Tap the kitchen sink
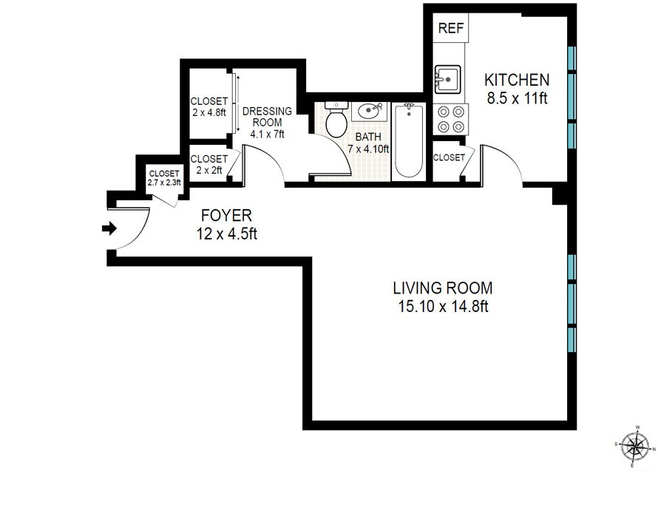pos(447,78)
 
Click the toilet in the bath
pos(336,120)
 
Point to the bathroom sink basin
pos(370,112)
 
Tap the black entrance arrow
pos(109,228)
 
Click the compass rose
pos(634,446)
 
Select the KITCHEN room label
pos(517,79)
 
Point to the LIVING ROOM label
pos(442,288)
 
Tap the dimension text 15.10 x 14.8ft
pos(442,306)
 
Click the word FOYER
pos(227,216)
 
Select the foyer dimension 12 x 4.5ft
pos(227,234)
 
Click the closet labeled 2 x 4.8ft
pos(209,107)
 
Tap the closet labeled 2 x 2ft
pos(209,164)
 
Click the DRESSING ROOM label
pos(267,117)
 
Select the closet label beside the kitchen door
pos(449,157)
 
